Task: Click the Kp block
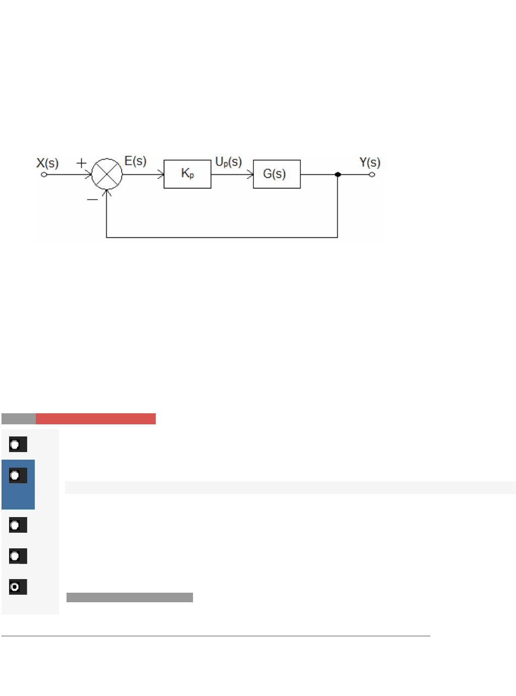(x=187, y=174)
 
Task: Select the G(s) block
(x=277, y=174)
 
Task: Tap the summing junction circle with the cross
(x=107, y=174)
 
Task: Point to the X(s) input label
(x=47, y=163)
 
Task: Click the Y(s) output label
(x=370, y=162)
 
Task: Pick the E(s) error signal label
(x=136, y=161)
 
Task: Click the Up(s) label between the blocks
(x=228, y=162)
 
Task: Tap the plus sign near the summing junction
(x=81, y=163)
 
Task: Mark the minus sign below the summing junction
(x=92, y=200)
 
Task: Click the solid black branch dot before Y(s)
(x=338, y=174)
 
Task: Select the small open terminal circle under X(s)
(x=44, y=174)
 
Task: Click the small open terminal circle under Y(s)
(x=372, y=174)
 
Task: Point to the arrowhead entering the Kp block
(x=161, y=174)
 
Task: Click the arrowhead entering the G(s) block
(x=250, y=174)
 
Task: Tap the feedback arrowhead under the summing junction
(x=107, y=192)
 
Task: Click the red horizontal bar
(x=96, y=419)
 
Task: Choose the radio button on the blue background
(x=18, y=475)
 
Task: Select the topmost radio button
(x=18, y=445)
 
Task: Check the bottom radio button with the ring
(x=18, y=587)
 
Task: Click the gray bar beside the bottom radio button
(x=130, y=597)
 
